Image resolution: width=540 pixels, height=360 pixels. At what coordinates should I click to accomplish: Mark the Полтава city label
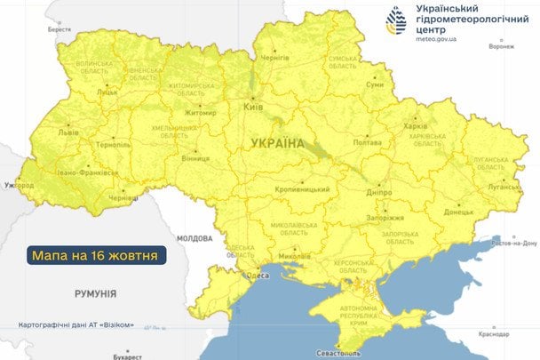(x=367, y=142)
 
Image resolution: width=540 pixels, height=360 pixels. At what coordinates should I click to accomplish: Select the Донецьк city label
(x=458, y=212)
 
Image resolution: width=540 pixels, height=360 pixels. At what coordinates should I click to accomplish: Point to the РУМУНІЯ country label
(x=96, y=292)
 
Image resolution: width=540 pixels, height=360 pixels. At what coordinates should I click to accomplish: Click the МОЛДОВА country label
(x=194, y=239)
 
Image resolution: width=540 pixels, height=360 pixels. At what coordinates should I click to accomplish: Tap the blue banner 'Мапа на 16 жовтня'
(x=96, y=255)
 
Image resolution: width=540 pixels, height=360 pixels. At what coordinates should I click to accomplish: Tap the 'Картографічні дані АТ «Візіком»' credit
(x=76, y=325)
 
